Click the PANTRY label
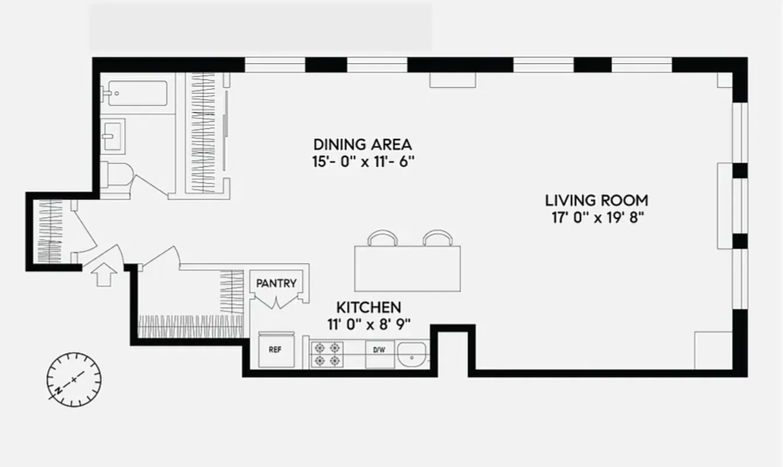[276, 284]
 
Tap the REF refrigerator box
[276, 350]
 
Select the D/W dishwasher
[380, 351]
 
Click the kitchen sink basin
[413, 354]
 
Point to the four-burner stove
[327, 354]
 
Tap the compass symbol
[74, 379]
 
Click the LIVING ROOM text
[596, 201]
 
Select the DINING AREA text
[363, 144]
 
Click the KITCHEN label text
[368, 307]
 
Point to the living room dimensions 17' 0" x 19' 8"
[596, 218]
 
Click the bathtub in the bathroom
[137, 93]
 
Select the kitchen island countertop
[407, 269]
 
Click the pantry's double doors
[276, 302]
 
